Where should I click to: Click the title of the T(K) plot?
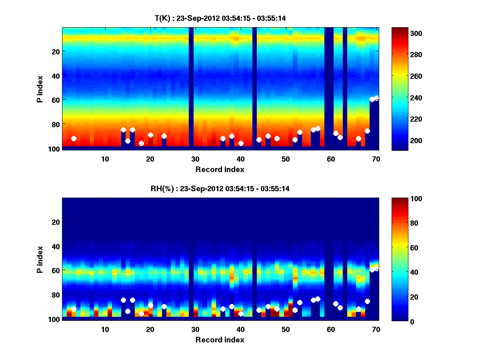tap(220, 18)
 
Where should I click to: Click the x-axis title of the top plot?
tap(220, 169)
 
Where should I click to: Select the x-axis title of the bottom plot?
tap(220, 340)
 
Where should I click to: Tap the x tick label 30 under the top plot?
tap(195, 159)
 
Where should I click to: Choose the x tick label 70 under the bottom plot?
tap(376, 329)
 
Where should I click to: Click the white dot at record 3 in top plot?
tap(74, 139)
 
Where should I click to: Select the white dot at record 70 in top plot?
tap(376, 98)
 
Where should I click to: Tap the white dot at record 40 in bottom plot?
tap(241, 314)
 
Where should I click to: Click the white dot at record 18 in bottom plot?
tap(141, 314)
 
